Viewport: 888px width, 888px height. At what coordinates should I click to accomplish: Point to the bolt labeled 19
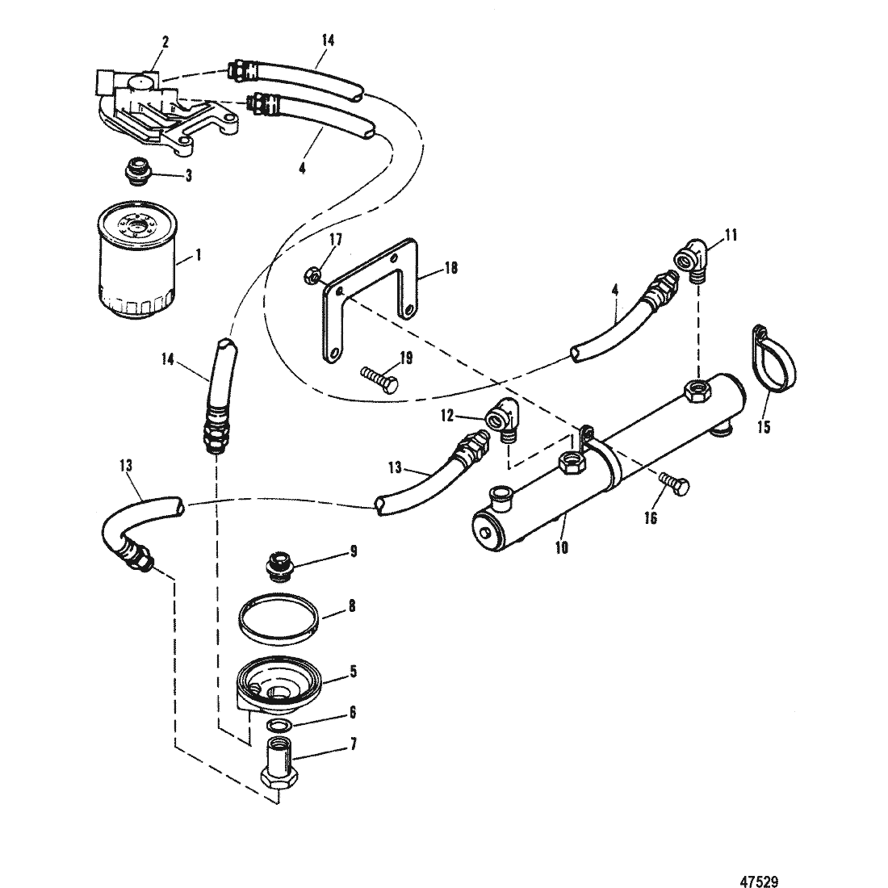coord(379,378)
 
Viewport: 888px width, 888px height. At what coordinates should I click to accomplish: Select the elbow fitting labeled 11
coord(691,258)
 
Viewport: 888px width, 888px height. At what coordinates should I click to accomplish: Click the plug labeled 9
coord(278,567)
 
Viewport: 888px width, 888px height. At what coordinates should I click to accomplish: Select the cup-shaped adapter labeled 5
coord(279,684)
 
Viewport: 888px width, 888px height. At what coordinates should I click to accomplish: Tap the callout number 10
coord(562,548)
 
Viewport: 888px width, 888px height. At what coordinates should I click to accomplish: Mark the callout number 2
coord(165,43)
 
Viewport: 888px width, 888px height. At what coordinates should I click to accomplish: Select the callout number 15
coord(764,426)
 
